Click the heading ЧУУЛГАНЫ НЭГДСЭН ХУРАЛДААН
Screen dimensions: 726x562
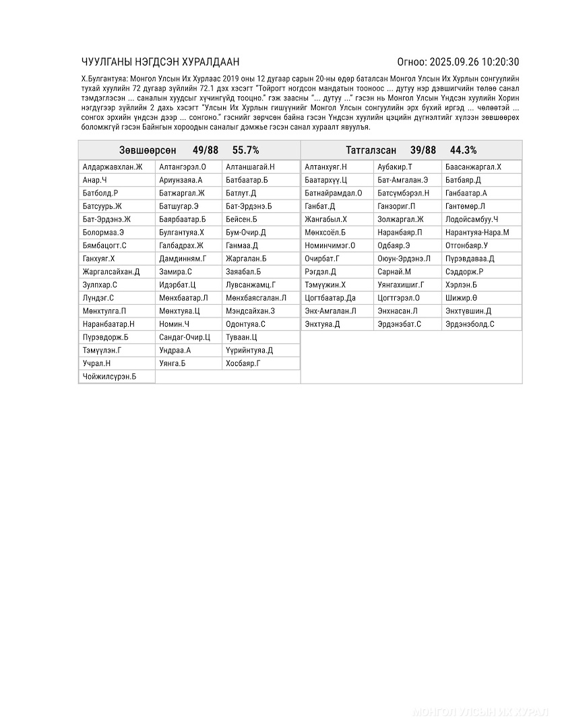point(160,62)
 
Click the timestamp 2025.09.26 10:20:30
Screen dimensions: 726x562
point(474,62)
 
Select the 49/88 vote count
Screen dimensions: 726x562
point(206,150)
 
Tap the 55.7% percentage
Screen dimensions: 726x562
point(245,150)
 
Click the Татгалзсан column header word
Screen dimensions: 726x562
point(371,150)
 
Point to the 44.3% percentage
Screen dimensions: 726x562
point(464,150)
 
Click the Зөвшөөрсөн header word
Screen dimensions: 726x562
point(148,150)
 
